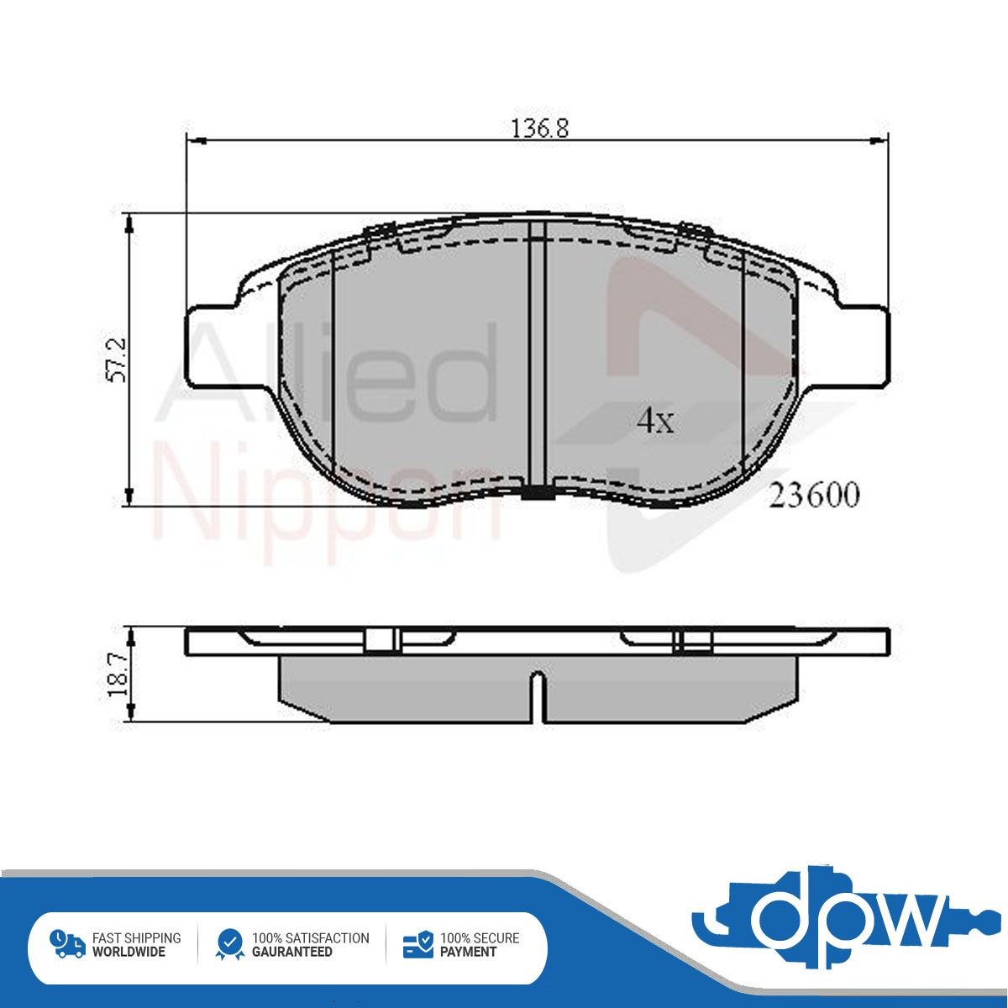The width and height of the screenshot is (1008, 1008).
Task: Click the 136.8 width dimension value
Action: click(x=539, y=129)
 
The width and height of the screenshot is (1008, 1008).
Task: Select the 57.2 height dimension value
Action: click(x=117, y=360)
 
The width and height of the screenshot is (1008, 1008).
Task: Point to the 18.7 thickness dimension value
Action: click(x=118, y=675)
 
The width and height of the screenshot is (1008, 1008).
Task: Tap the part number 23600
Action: click(x=813, y=495)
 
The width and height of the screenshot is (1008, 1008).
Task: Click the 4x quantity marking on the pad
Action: click(x=655, y=421)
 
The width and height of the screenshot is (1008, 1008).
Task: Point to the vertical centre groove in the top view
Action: click(x=538, y=355)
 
